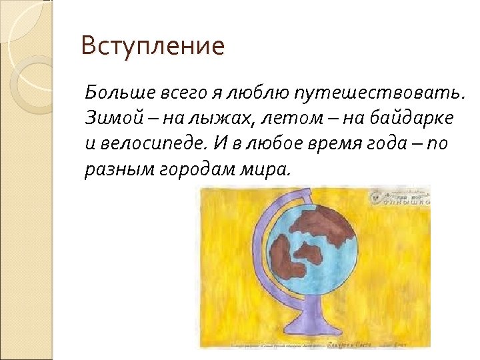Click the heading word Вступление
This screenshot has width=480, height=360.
[153, 47]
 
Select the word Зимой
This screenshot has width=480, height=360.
[105, 117]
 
